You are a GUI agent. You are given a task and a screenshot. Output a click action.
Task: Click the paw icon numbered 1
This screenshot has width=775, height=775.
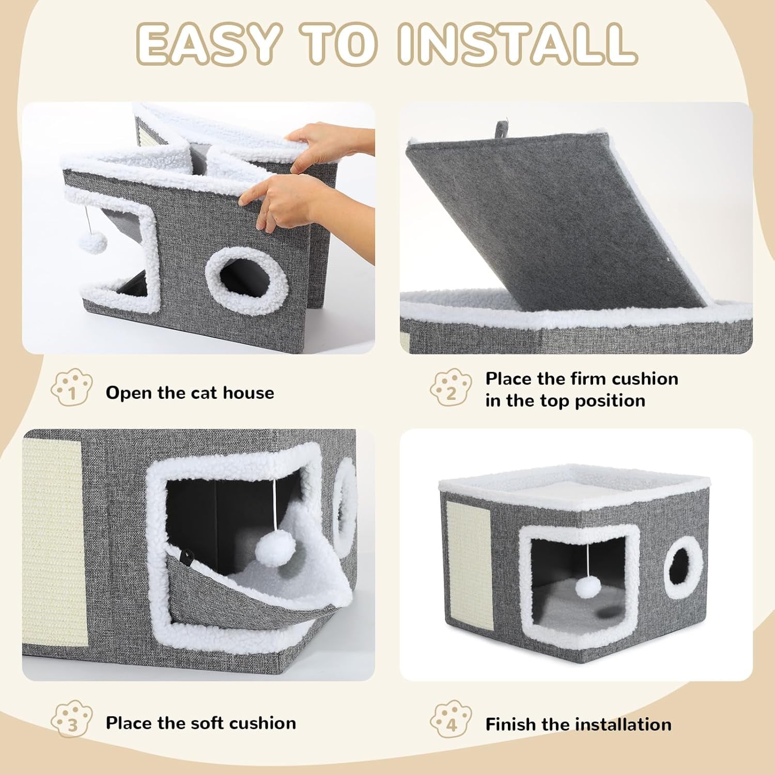click(71, 388)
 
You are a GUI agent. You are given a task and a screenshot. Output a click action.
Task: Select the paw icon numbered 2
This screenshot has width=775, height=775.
click(451, 388)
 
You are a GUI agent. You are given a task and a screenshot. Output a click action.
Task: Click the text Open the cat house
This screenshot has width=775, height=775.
click(190, 393)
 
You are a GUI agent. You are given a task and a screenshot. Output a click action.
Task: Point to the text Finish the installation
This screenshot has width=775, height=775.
click(578, 724)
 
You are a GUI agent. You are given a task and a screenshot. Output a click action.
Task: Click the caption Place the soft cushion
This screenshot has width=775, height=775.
click(201, 723)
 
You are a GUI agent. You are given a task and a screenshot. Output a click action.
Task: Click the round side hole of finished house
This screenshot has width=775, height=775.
click(685, 566)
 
